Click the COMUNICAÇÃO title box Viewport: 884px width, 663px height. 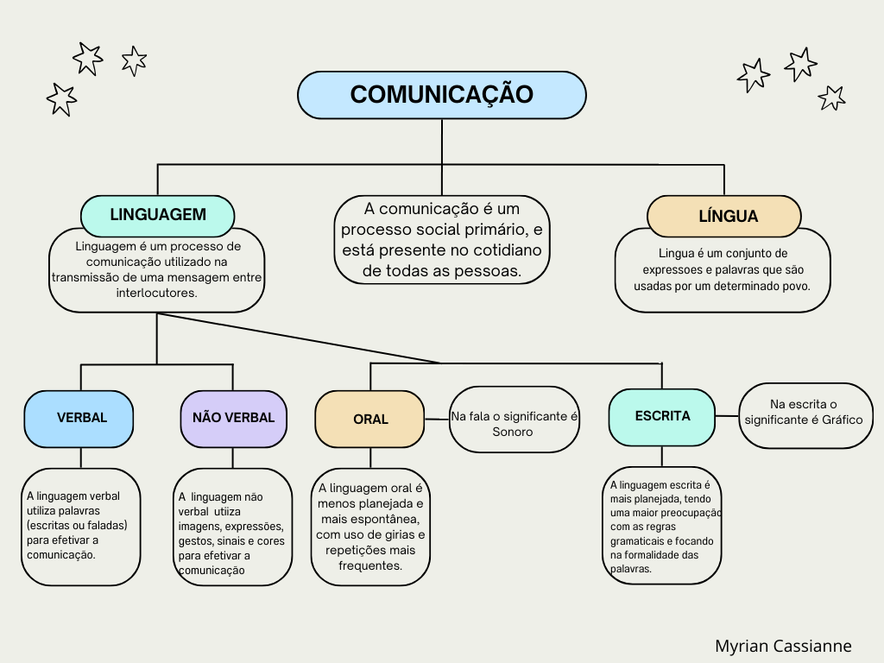click(441, 94)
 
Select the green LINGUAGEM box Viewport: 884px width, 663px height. click(157, 215)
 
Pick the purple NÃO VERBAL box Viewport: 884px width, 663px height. click(233, 418)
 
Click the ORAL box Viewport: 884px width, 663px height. click(369, 419)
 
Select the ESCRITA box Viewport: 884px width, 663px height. click(662, 416)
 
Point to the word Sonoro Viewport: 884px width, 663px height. click(513, 432)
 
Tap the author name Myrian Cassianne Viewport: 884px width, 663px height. click(783, 646)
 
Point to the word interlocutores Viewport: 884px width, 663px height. click(156, 293)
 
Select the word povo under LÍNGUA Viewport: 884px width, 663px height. click(794, 285)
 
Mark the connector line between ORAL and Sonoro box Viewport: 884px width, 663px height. click(437, 419)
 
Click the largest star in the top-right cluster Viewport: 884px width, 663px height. click(800, 64)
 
